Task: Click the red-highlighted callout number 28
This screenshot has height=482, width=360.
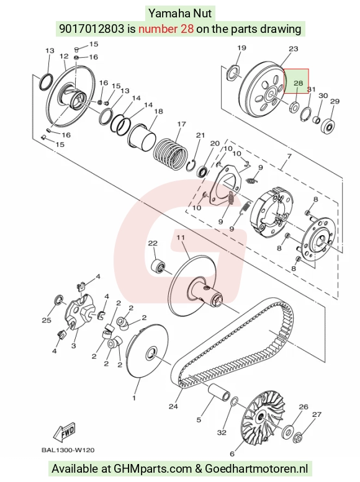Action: tap(298, 83)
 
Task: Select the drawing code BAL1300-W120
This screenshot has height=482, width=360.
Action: tap(68, 450)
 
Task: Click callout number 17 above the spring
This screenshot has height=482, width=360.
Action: tap(181, 124)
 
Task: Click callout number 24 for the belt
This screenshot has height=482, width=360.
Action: tap(173, 406)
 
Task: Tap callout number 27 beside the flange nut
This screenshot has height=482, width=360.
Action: tap(317, 414)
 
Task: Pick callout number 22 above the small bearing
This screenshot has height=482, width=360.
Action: tap(153, 243)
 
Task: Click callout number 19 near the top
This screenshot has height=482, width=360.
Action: tap(242, 48)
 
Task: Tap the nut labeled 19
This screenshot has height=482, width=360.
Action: tap(233, 73)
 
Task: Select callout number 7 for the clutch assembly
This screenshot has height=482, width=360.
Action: tap(289, 156)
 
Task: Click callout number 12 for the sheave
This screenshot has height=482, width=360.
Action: tap(64, 56)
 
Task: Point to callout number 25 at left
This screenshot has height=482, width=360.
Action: tap(47, 320)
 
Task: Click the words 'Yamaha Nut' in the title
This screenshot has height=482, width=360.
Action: tap(180, 13)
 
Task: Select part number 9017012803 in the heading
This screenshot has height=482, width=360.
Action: tap(91, 29)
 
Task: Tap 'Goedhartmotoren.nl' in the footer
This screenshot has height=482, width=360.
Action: tap(256, 468)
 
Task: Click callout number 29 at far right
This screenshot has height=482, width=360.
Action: tap(335, 102)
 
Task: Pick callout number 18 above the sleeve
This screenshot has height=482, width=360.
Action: tap(158, 111)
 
